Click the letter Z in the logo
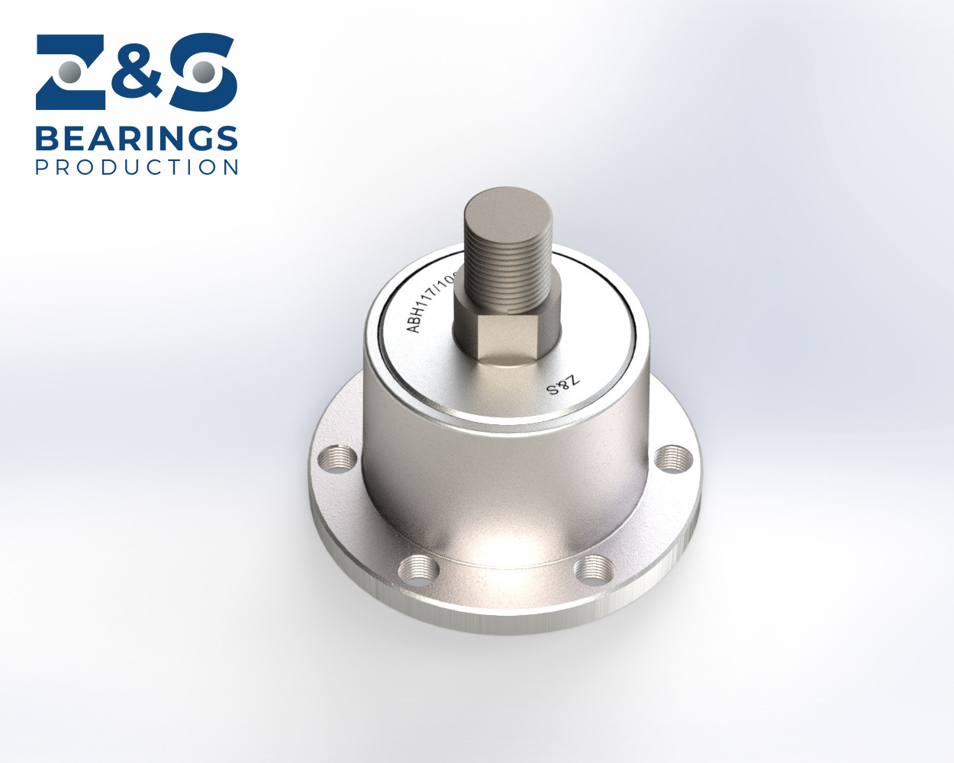73,72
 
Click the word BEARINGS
137,139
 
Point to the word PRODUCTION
137,167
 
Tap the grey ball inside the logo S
202,72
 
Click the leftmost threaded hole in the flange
337,459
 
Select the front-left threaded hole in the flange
419,568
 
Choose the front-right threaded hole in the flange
595,569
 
